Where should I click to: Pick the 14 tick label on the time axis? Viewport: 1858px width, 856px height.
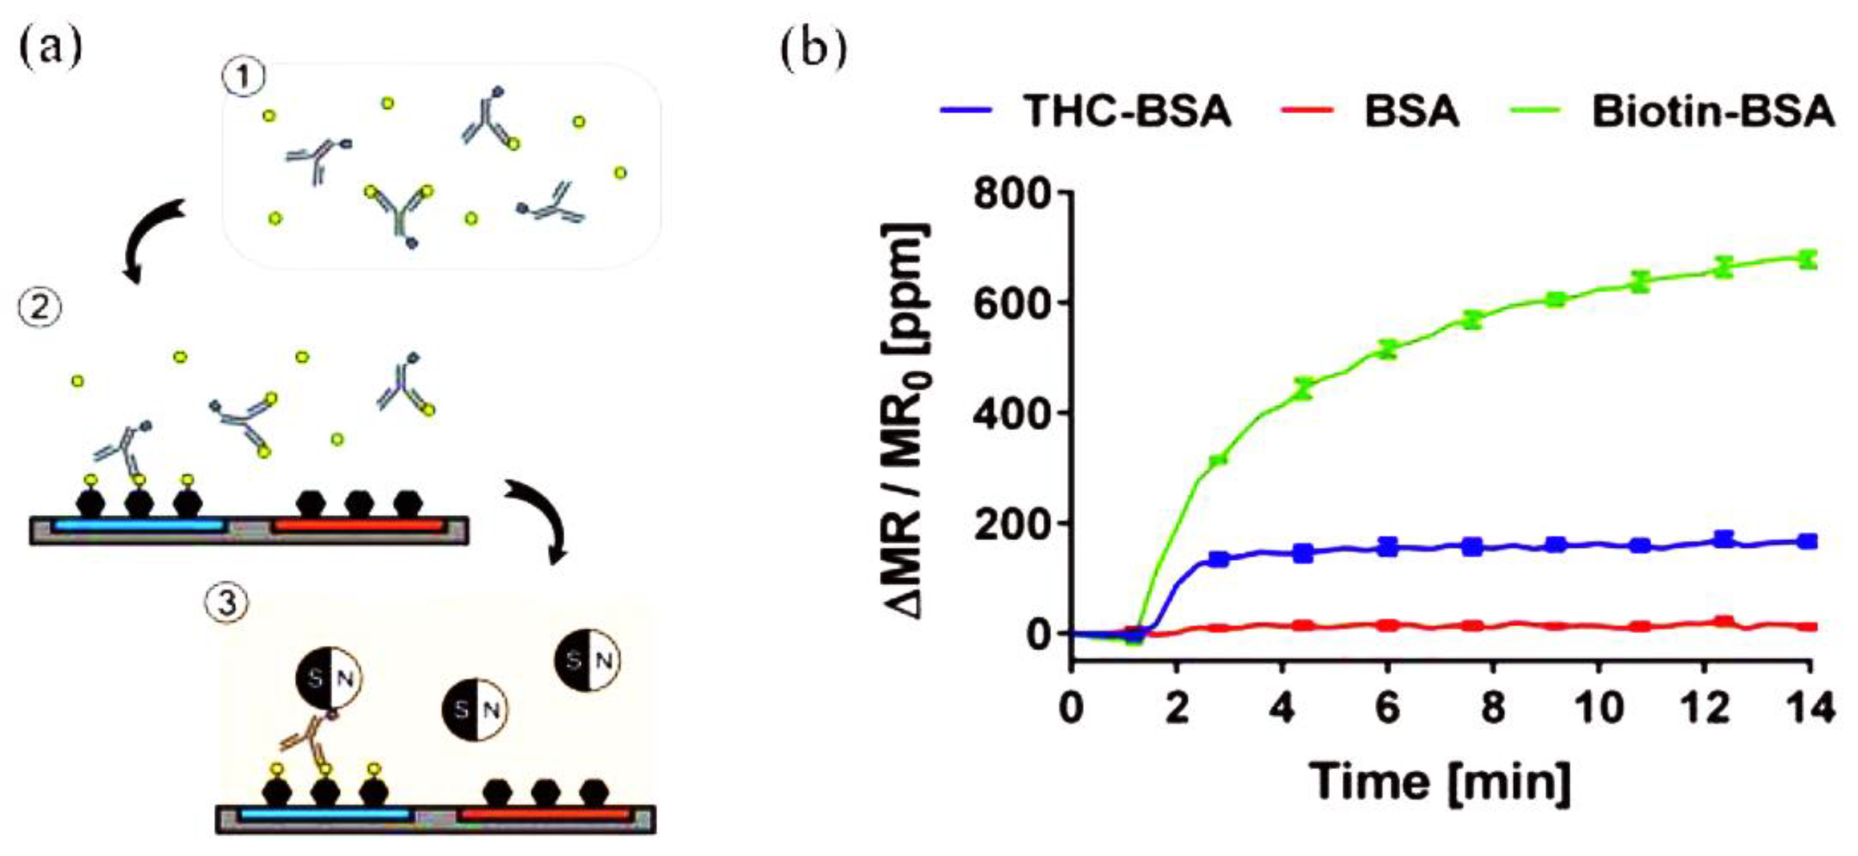click(x=1809, y=708)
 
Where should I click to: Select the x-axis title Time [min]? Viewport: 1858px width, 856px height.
click(x=1440, y=780)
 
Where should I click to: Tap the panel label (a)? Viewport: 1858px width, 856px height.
click(x=50, y=47)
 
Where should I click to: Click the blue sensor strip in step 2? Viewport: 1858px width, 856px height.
click(x=139, y=525)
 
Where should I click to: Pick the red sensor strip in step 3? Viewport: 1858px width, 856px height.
click(x=545, y=815)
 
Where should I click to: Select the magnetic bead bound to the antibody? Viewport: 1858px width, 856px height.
click(x=329, y=678)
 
